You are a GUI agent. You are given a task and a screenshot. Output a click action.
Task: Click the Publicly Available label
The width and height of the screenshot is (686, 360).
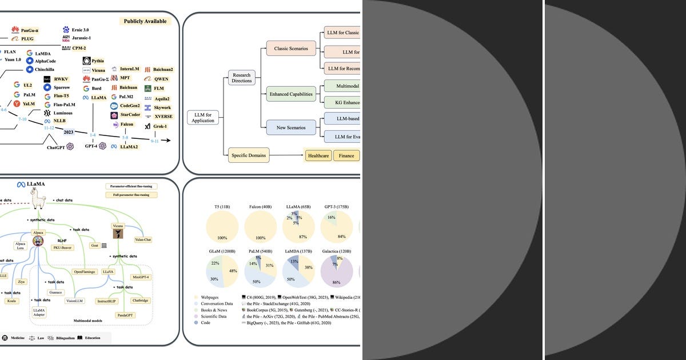[x=146, y=21]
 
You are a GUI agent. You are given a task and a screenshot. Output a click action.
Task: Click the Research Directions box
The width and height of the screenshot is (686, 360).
[x=241, y=77]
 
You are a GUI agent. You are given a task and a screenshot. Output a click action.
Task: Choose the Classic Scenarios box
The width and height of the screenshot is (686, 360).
[x=290, y=49]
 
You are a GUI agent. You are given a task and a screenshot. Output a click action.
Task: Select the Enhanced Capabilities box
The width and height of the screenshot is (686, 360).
[x=290, y=94]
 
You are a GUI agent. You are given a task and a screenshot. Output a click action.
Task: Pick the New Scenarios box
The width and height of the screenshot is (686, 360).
[x=290, y=127]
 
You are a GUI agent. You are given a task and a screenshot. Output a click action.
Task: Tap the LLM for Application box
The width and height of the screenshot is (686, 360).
[x=203, y=117]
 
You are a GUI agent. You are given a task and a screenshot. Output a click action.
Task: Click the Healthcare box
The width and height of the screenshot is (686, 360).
[x=318, y=155]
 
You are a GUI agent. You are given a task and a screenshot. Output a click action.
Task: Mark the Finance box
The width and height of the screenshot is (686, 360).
[x=346, y=155]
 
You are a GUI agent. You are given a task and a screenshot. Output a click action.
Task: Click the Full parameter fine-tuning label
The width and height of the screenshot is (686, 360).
[x=131, y=195]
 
